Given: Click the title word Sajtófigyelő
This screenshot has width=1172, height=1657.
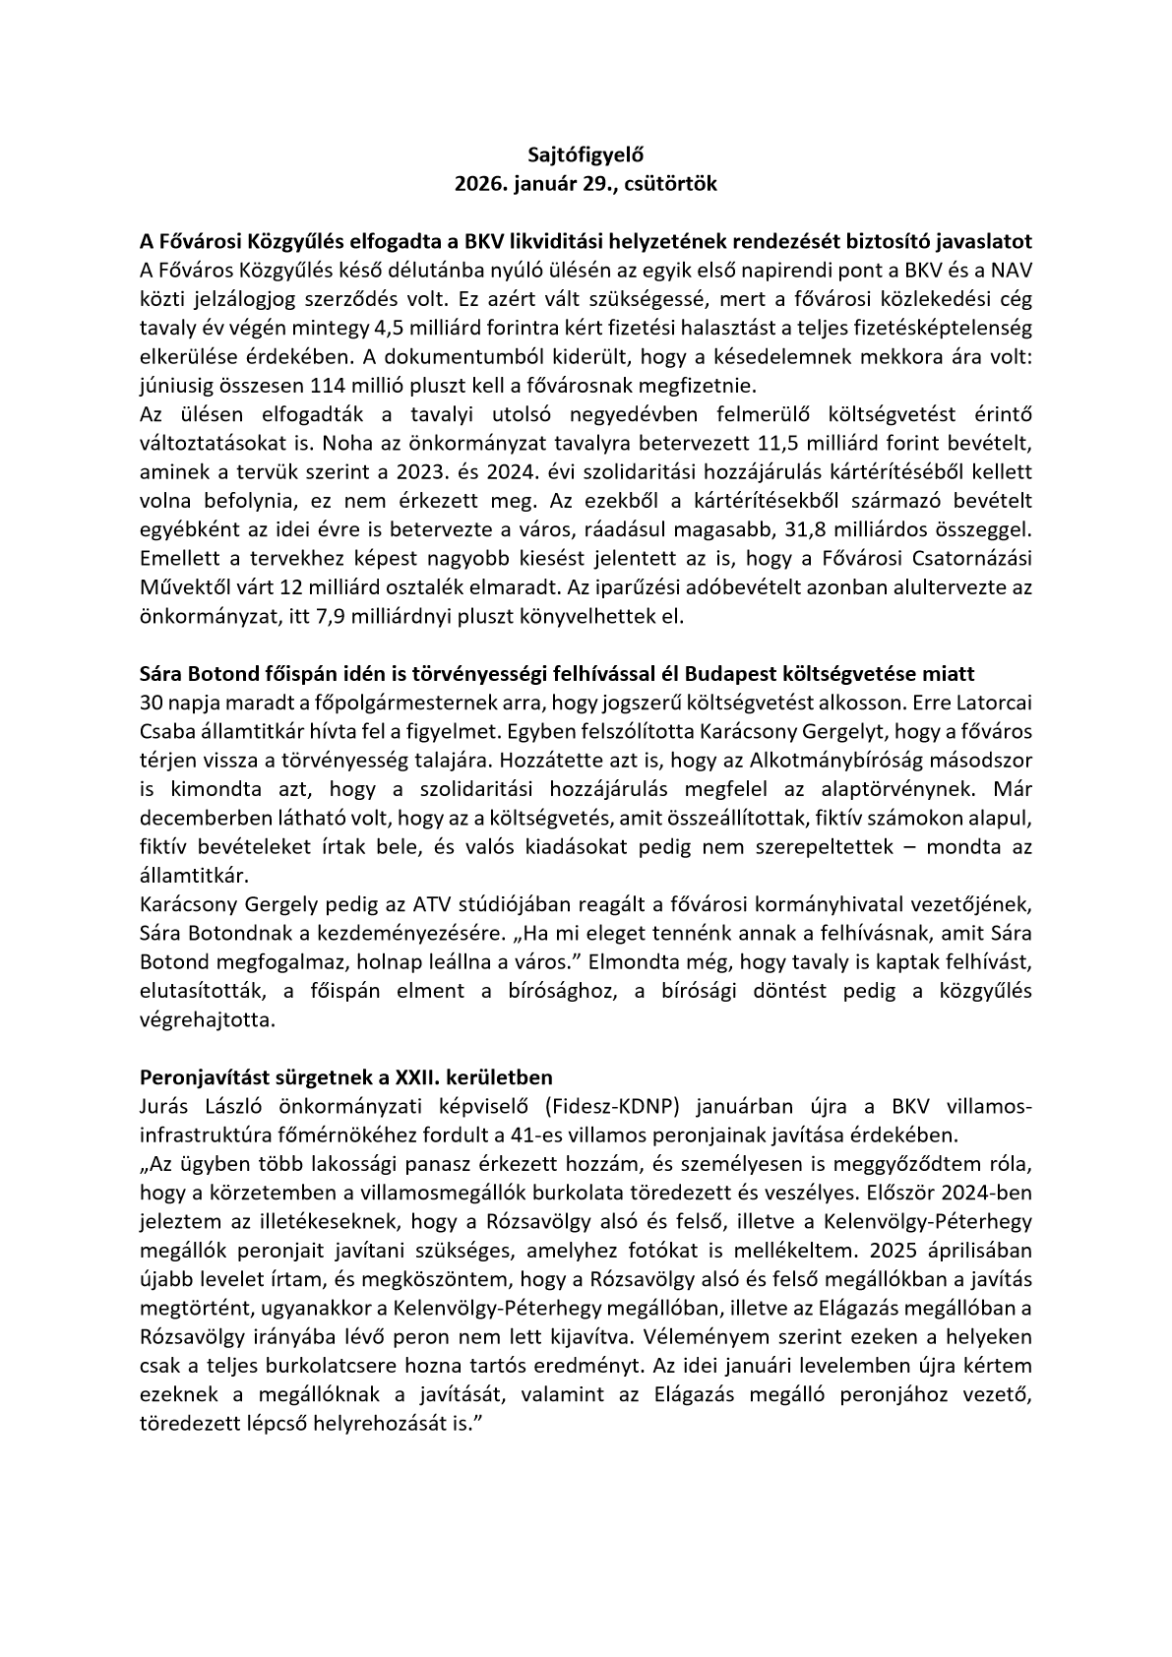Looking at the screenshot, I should (586, 153).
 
